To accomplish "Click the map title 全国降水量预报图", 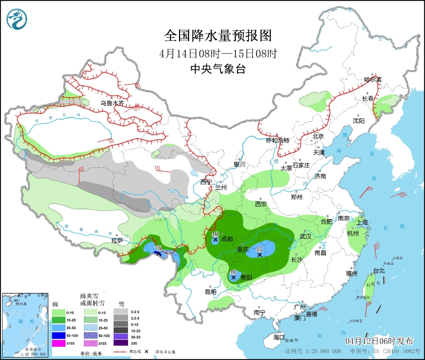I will pos(218,36).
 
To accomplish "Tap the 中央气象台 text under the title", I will pos(218,69).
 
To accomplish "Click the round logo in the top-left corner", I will pos(18,20).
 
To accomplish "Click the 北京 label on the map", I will pos(318,136).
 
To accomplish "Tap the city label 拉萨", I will pos(117,240).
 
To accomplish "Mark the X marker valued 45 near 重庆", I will pos(259,255).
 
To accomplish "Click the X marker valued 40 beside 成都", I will pos(215,240).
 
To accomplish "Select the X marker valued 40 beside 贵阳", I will pos(233,277).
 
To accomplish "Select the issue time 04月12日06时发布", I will pos(379,340).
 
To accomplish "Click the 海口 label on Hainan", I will pos(279,337).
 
